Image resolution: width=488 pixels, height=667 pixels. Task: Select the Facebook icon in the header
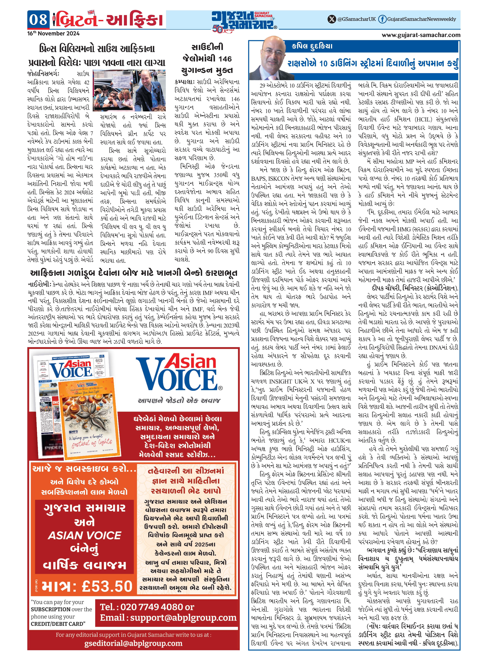click(382, 19)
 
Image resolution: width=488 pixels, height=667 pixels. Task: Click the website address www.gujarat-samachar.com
click(421, 35)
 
